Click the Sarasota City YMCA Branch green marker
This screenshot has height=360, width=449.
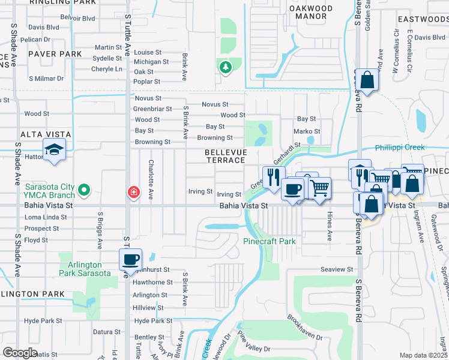85,191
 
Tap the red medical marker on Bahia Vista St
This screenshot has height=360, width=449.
133,193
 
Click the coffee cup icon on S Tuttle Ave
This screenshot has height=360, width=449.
130,260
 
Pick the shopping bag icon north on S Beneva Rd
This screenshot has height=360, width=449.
367,80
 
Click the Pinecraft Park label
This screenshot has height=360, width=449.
270,241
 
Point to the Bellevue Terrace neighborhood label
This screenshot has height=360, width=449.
225,156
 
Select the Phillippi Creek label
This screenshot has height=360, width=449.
400,148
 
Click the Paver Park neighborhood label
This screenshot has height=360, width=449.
53,54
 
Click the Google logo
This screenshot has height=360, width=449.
20,352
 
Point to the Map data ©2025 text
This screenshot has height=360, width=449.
423,355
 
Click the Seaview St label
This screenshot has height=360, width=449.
337,269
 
